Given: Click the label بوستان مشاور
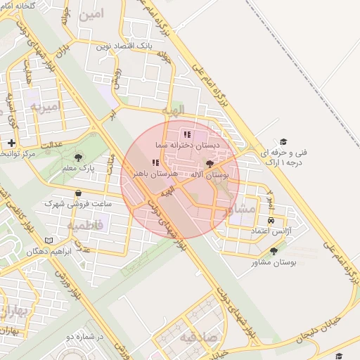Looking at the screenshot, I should tap(274, 262).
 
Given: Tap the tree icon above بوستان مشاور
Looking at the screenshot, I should tap(274, 251).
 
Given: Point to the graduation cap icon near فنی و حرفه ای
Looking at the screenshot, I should tap(283, 141).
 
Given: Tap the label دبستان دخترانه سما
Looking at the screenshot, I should tap(189, 144).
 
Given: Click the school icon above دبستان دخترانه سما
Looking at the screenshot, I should tap(186, 134).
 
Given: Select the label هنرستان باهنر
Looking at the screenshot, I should tap(156, 172).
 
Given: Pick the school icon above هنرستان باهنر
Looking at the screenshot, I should tap(155, 162).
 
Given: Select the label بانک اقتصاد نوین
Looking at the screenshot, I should tap(126, 46).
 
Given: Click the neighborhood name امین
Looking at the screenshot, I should tap(91, 14).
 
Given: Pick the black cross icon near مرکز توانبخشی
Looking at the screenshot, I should tap(11, 143).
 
